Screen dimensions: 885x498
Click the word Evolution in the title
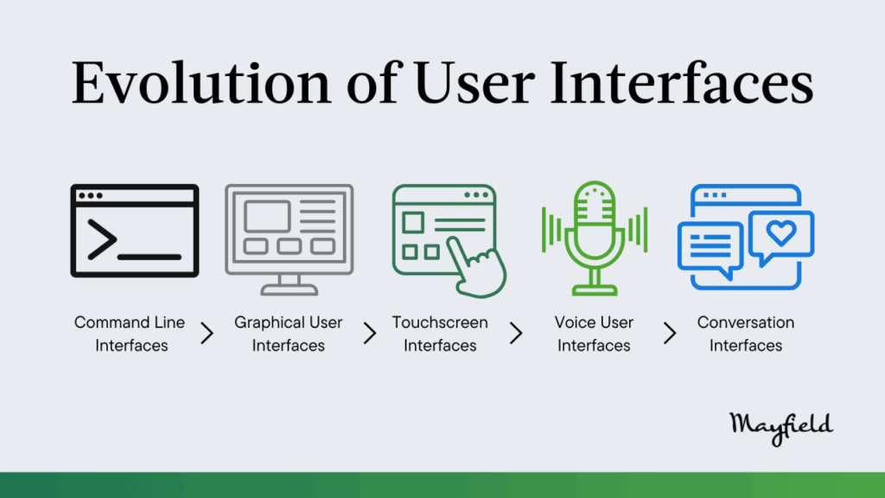[201, 83]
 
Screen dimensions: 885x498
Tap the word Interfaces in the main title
[682, 83]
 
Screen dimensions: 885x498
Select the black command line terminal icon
[134, 230]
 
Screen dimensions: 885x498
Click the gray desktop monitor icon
[289, 239]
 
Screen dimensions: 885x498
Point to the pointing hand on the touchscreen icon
[479, 268]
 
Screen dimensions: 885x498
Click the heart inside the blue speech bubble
[781, 232]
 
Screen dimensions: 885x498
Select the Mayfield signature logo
[781, 428]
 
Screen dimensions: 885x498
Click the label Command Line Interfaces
[131, 334]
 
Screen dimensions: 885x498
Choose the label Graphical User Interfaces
[289, 334]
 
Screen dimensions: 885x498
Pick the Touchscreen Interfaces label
[440, 334]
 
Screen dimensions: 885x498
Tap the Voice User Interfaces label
[594, 334]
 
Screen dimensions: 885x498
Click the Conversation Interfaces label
[746, 334]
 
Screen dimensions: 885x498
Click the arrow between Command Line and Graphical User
[207, 333]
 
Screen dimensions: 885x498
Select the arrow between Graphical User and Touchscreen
[370, 333]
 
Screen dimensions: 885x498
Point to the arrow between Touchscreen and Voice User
[517, 333]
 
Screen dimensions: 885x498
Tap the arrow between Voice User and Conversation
[670, 333]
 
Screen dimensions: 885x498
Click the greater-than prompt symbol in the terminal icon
[102, 240]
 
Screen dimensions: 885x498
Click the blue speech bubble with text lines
[710, 247]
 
